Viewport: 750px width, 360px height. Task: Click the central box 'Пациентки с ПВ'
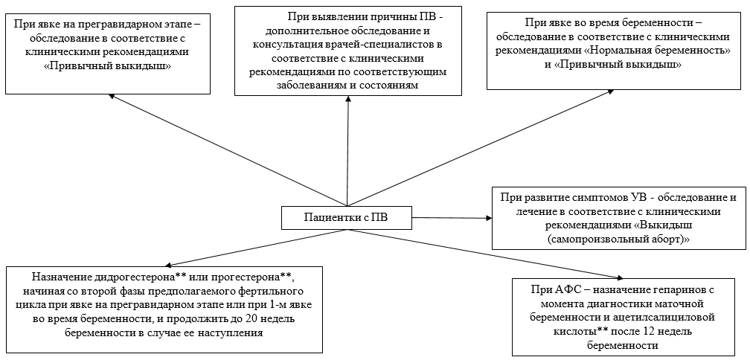[x=346, y=217]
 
